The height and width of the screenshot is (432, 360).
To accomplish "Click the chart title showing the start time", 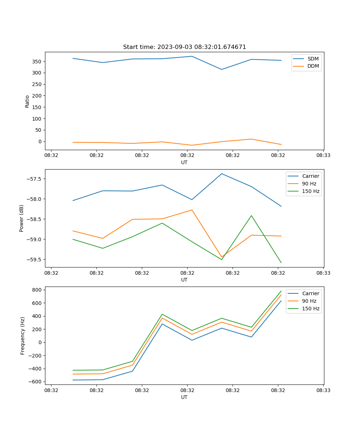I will [x=184, y=47].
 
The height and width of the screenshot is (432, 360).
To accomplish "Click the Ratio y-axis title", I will [x=27, y=101].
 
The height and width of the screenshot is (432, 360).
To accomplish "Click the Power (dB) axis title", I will [x=22, y=218].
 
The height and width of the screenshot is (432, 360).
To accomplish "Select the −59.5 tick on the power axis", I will [x=33, y=260].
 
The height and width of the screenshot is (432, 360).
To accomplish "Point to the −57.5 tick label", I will [x=33, y=179].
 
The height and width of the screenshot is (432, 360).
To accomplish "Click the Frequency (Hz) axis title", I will [x=22, y=336].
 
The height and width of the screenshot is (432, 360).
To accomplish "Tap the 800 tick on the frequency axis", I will [x=37, y=290].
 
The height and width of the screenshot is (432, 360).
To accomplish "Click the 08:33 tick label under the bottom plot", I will [x=323, y=390].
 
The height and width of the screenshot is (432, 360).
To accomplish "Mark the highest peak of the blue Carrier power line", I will [x=222, y=174].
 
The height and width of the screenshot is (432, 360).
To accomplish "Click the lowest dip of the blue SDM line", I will [x=222, y=69].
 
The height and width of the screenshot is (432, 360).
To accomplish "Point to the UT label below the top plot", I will [x=184, y=162].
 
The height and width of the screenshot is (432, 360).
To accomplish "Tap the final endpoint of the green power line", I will [x=281, y=263].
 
